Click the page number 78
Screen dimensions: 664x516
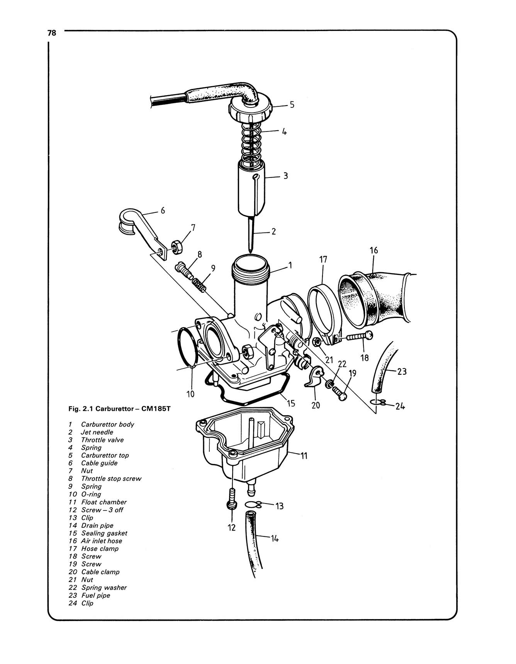click(52, 33)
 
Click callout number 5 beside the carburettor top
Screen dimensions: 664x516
click(292, 105)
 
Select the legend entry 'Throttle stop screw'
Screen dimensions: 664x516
click(111, 478)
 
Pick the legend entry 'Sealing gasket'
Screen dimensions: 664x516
click(104, 533)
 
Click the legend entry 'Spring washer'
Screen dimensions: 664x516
click(104, 587)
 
